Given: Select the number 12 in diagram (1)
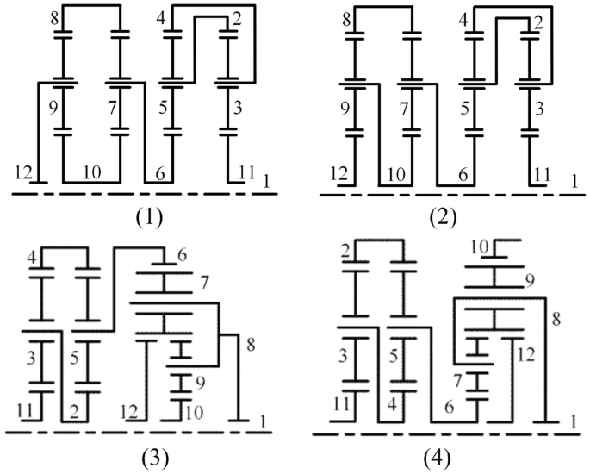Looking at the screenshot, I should click(24, 173).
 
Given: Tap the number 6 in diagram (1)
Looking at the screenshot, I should click(160, 173).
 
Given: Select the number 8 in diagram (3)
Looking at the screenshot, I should click(252, 345).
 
